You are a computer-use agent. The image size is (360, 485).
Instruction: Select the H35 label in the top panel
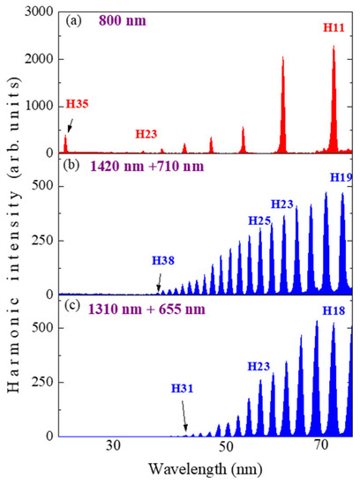(x=54, y=104)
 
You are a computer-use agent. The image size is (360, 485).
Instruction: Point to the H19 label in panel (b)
(x=341, y=178)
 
